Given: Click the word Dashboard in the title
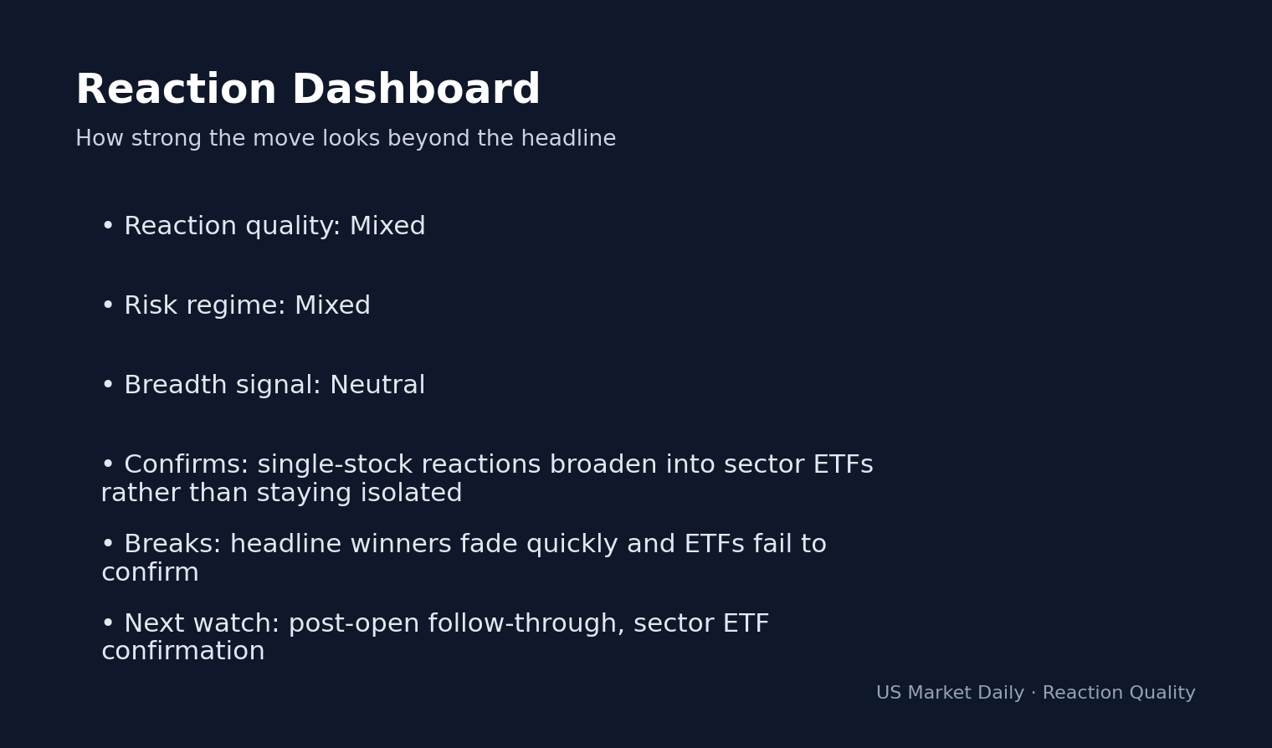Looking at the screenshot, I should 415,90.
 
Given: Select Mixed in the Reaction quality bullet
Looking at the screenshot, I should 387,227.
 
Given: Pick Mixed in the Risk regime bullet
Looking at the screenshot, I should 332,306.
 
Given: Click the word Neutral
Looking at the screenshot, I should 377,386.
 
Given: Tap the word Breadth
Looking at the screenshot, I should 176,386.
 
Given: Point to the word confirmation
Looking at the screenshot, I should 182,652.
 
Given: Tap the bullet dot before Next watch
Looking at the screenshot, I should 107,624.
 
